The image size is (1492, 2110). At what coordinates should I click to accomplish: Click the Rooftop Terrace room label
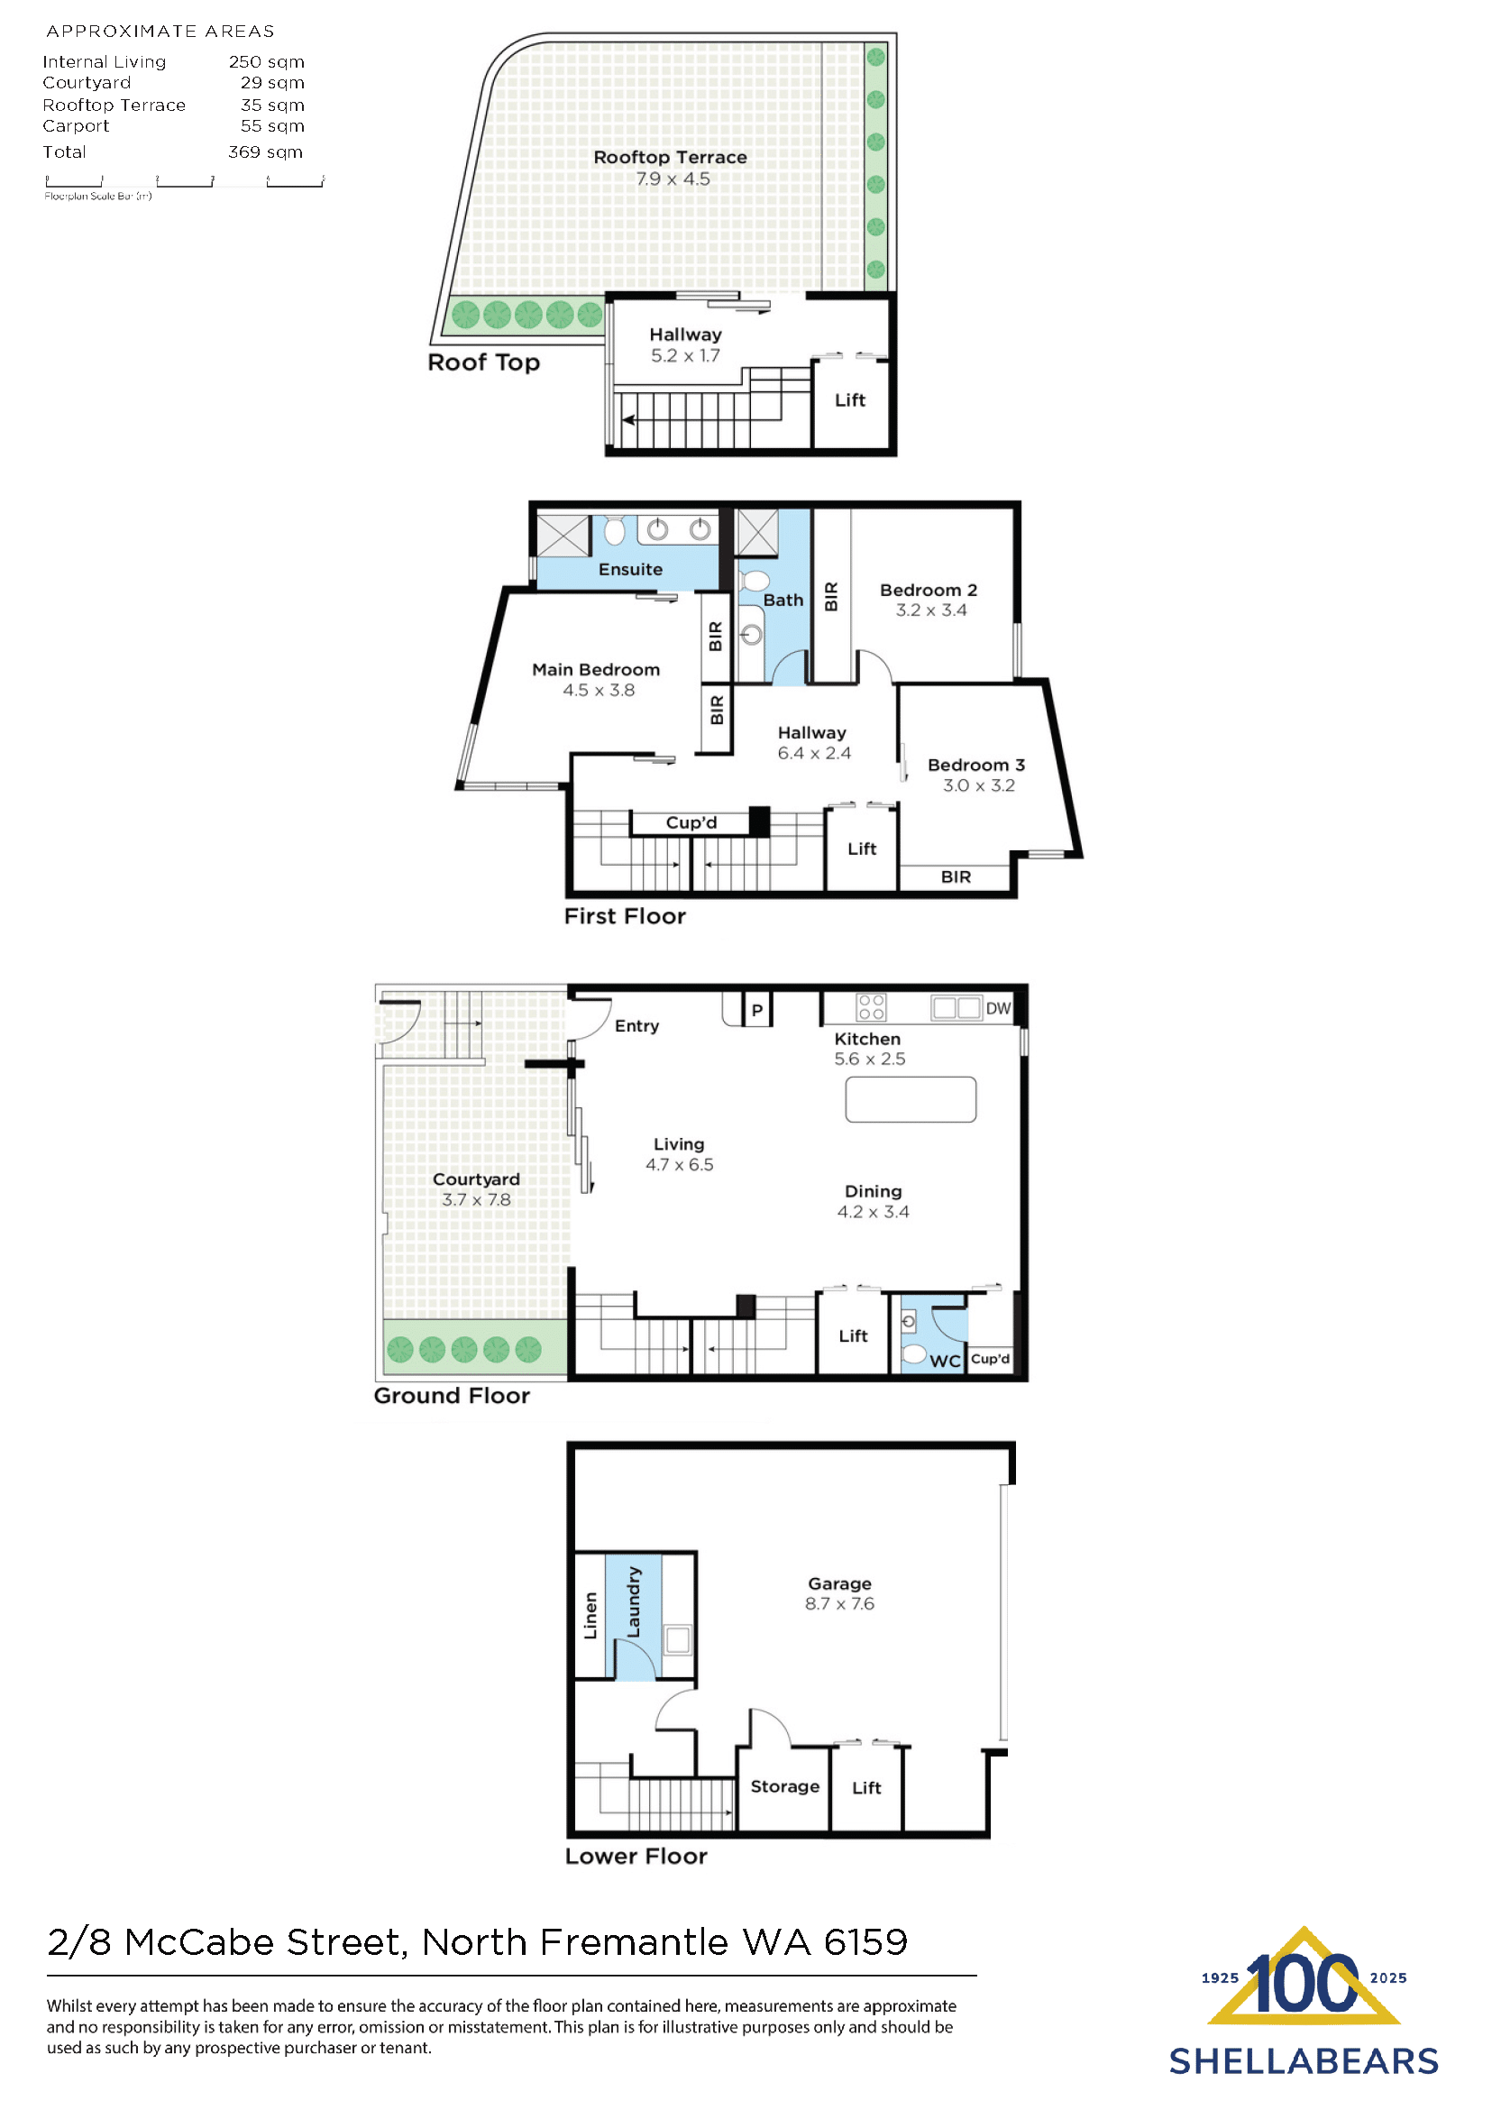point(670,157)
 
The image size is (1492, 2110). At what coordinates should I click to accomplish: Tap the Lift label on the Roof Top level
point(850,399)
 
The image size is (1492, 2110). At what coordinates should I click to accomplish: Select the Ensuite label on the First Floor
point(630,569)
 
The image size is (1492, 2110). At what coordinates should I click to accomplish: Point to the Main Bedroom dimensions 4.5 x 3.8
point(598,690)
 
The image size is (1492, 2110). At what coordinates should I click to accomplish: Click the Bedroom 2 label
point(928,590)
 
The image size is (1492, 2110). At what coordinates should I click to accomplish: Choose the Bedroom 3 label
point(975,765)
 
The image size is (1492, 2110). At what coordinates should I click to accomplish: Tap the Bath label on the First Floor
point(783,601)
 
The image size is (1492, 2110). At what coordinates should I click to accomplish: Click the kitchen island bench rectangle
point(911,1099)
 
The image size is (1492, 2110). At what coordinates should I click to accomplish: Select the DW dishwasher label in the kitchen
point(998,1008)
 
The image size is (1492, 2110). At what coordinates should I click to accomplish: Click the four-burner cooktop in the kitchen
point(871,1007)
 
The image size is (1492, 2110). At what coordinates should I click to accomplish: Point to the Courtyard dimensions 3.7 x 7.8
point(476,1199)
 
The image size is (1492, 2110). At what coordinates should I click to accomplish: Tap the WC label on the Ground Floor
point(945,1361)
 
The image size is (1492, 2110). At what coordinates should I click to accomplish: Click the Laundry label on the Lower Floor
point(634,1601)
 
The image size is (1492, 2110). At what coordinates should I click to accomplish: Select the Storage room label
point(784,1785)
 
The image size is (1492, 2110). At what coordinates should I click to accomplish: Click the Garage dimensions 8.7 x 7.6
point(838,1603)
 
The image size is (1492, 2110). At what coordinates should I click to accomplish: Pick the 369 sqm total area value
point(266,151)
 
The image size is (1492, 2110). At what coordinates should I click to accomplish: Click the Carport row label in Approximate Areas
point(76,126)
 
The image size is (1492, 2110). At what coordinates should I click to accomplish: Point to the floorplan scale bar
point(184,182)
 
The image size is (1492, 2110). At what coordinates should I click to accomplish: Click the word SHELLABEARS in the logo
point(1303,2061)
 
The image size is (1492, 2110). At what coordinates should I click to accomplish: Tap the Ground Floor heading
point(451,1395)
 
